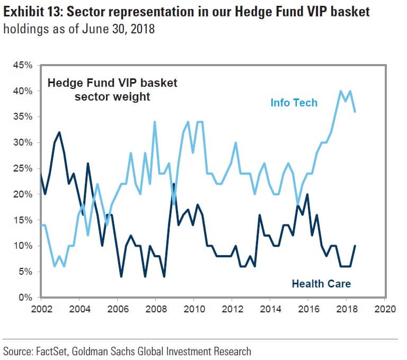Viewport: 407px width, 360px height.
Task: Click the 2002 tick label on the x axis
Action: pyautogui.click(x=41, y=308)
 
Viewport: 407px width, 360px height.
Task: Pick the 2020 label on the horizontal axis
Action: pyautogui.click(x=384, y=308)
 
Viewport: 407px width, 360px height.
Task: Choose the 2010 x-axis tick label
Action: pyautogui.click(x=193, y=308)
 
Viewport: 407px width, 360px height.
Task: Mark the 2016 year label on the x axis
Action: pyautogui.click(x=308, y=308)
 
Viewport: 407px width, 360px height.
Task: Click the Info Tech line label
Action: pyautogui.click(x=294, y=103)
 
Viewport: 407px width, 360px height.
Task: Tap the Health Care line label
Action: pyautogui.click(x=321, y=284)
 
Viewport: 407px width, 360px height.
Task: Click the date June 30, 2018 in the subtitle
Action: pyautogui.click(x=118, y=29)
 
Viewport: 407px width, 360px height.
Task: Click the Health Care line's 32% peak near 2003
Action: pyautogui.click(x=59, y=132)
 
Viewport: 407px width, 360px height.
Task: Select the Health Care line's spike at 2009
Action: pyautogui.click(x=174, y=184)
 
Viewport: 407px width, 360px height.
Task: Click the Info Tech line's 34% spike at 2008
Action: pyautogui.click(x=155, y=122)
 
